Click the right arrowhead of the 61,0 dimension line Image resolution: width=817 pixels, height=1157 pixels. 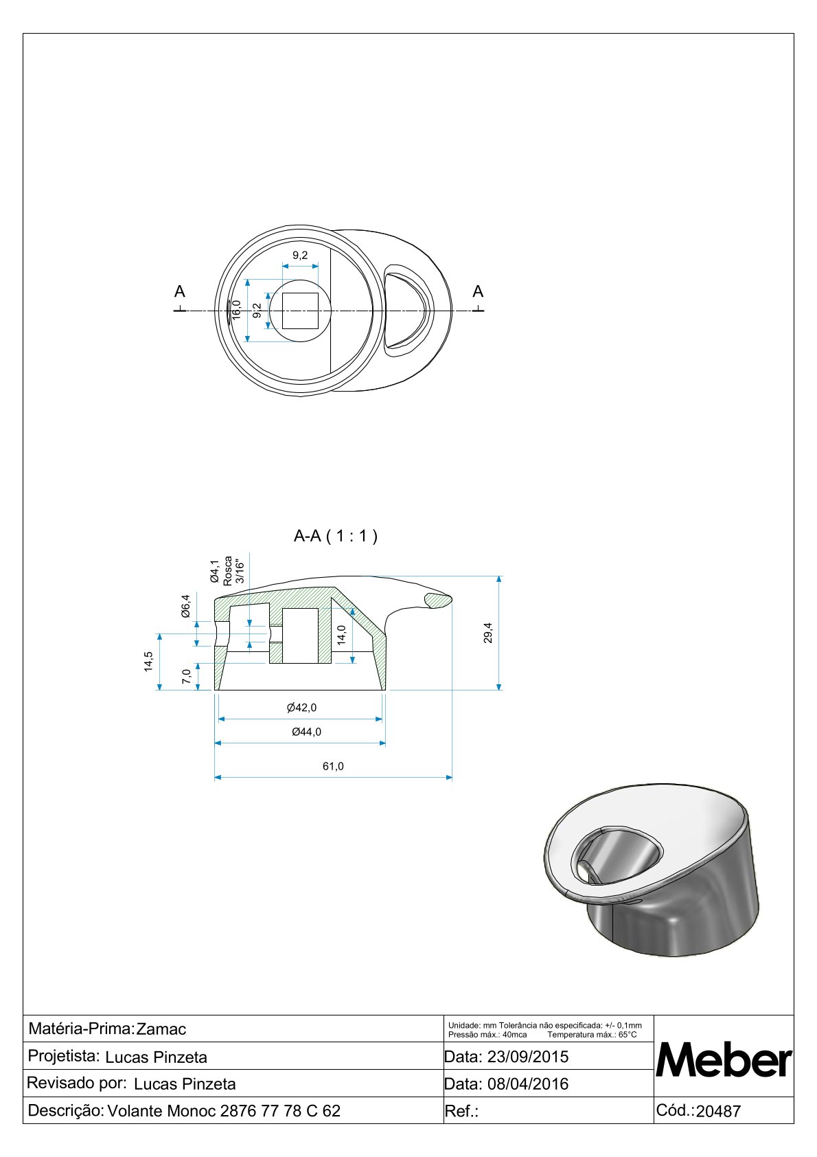449,777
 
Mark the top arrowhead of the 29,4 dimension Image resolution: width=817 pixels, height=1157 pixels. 498,580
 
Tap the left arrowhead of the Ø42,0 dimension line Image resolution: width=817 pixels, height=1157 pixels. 222,719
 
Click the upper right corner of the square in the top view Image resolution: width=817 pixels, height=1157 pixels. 318,293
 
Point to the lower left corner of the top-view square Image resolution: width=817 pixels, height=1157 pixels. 282,329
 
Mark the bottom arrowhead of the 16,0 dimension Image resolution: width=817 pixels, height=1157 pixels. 247,338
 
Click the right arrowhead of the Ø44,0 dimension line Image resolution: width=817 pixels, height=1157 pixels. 382,743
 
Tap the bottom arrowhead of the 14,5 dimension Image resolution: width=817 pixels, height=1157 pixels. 159,686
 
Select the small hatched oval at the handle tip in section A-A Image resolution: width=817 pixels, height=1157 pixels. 437,600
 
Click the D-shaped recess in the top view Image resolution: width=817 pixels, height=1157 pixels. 407,311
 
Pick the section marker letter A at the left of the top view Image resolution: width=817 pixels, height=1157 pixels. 180,292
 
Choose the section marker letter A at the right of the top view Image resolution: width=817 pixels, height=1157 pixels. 478,292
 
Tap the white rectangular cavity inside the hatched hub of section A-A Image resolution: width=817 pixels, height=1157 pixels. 300,636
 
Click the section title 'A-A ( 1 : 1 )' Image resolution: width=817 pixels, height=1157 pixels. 336,536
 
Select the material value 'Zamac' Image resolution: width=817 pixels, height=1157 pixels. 161,1029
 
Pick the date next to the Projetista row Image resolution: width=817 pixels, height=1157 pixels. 528,1056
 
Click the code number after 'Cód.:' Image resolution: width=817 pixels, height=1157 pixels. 718,1110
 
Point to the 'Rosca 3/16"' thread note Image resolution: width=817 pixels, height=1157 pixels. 234,571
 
